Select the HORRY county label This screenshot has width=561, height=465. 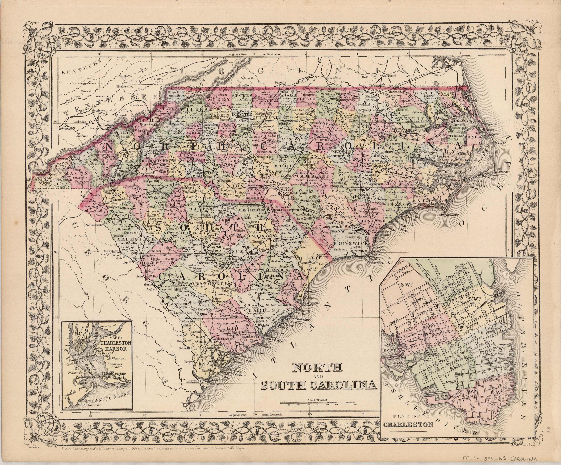pyautogui.click(x=308, y=258)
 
